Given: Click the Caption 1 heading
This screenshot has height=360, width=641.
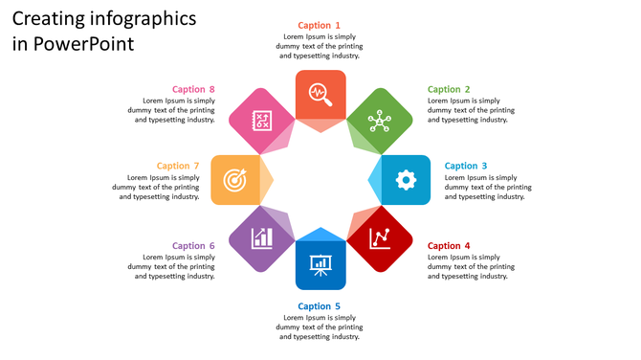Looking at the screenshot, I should tap(319, 25).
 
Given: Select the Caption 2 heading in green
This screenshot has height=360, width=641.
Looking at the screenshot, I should tap(449, 89).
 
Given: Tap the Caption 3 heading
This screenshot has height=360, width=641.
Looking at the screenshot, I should tap(466, 166).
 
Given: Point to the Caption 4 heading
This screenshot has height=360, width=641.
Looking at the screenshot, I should tap(449, 246).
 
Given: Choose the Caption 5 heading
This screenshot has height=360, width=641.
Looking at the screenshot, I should tap(319, 306).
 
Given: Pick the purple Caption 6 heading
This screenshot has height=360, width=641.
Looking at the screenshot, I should tap(193, 246).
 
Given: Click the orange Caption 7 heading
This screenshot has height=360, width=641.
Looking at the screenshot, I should tap(178, 166).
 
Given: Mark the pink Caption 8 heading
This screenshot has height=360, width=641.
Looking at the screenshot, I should tap(193, 89).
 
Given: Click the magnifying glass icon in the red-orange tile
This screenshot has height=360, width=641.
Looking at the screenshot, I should tap(320, 94).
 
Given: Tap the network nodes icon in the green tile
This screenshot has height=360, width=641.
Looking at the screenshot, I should tap(380, 121).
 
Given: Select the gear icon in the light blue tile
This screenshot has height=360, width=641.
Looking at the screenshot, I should tap(406, 179).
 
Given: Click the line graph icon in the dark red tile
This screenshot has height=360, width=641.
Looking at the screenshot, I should tap(380, 237).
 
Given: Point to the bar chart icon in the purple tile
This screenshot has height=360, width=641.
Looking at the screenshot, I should tap(260, 237).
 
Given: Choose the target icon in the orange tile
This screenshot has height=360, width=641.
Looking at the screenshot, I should tap(234, 179).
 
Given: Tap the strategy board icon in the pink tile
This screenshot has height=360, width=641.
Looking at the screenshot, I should tap(260, 121).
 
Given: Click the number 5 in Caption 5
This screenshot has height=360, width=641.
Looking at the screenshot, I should tap(337, 306).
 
